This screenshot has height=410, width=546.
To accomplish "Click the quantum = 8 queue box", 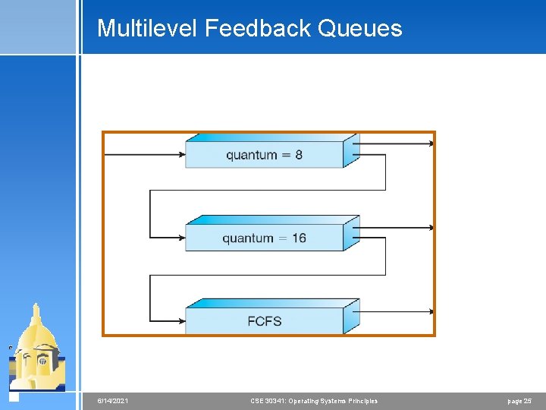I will click(x=265, y=154).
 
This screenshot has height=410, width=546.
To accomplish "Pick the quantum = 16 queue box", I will click(x=265, y=238).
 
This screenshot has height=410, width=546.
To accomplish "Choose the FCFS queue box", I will click(x=265, y=321).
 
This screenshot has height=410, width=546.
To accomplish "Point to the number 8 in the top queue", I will click(x=299, y=155).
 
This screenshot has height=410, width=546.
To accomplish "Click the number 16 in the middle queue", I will click(x=299, y=238).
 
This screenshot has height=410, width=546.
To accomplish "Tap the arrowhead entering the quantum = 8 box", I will click(x=181, y=155).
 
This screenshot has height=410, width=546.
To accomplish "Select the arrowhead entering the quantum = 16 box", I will click(x=181, y=238).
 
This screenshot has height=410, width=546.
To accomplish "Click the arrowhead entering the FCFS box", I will click(x=181, y=321).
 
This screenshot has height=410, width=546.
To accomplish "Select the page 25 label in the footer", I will click(x=519, y=401).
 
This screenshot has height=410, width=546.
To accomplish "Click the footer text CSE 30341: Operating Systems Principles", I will click(x=314, y=401).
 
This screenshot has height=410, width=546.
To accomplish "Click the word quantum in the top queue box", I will click(x=252, y=155).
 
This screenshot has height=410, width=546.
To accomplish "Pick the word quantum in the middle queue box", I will click(x=248, y=238).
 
